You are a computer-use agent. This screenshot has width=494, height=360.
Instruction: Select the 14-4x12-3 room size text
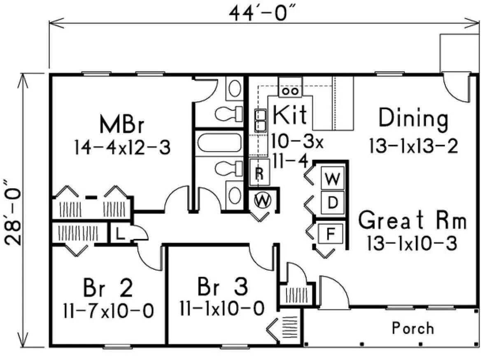[x=122, y=147]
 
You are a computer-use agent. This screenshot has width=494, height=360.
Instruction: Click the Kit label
[x=290, y=115]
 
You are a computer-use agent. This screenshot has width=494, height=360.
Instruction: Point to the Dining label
[x=413, y=119]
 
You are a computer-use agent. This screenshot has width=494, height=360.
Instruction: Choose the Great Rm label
[x=412, y=221]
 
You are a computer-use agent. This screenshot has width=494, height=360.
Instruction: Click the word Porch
[x=412, y=328]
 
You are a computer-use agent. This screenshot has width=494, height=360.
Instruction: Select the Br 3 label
[x=222, y=287]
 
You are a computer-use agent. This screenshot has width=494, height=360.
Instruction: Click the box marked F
[x=330, y=234]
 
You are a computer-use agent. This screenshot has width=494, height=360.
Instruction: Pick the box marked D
[x=332, y=202]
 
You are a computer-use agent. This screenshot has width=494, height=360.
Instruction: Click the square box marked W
[x=332, y=179]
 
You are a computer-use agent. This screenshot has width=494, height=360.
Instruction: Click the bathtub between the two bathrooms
[x=217, y=143]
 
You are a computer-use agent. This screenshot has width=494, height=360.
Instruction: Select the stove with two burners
[x=290, y=88]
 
